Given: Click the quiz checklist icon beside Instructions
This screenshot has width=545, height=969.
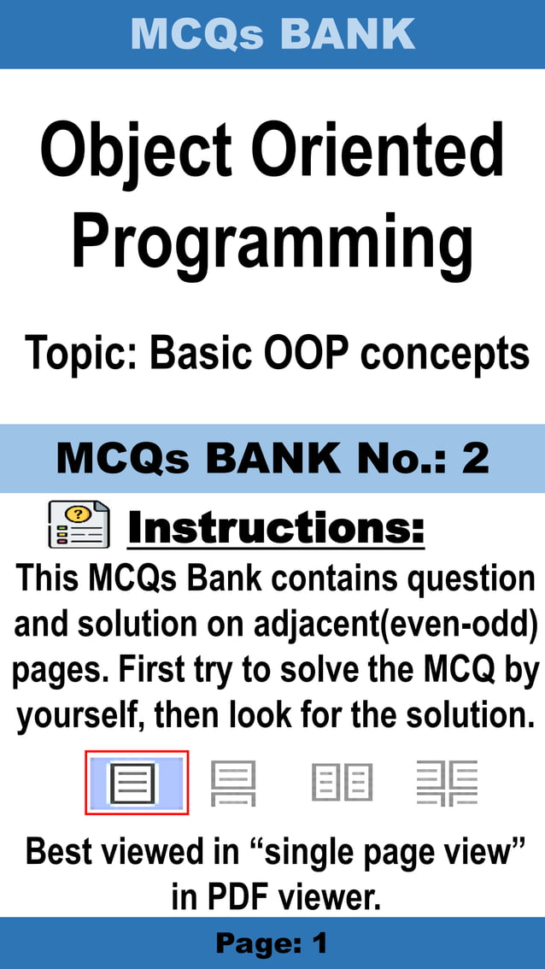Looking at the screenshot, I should pyautogui.click(x=78, y=524).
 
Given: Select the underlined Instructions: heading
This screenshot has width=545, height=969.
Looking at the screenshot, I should pyautogui.click(x=276, y=528).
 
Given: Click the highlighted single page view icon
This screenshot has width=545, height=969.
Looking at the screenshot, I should pyautogui.click(x=136, y=783).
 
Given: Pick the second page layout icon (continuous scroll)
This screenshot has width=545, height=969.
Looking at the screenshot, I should pyautogui.click(x=232, y=783).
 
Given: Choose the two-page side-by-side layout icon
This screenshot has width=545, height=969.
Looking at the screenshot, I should pyautogui.click(x=342, y=783).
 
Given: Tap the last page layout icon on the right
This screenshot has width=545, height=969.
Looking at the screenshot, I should pyautogui.click(x=447, y=783).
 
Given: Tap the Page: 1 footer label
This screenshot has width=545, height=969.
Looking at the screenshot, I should pyautogui.click(x=272, y=943).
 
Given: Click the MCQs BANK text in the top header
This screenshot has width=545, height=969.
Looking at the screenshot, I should pyautogui.click(x=272, y=33).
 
